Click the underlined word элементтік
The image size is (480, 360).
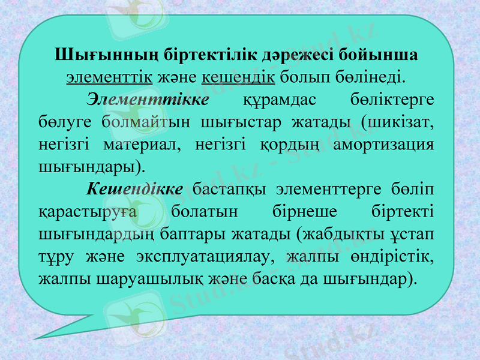109,77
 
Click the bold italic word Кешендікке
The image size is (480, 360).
135,188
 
